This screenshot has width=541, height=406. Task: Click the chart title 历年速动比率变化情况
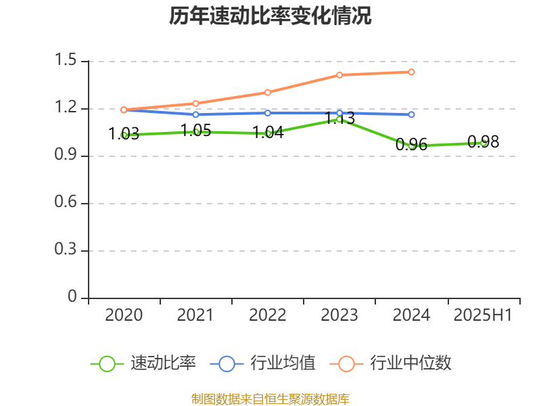click(270, 16)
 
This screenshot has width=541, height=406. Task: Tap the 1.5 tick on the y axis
click(67, 61)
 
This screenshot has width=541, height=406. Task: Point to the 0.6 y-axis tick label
click(67, 203)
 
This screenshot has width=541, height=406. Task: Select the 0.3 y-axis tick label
click(67, 250)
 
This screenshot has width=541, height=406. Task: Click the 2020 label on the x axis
click(124, 315)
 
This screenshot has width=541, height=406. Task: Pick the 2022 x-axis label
click(268, 315)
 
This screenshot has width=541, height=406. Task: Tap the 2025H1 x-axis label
click(483, 315)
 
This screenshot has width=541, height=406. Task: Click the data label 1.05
click(196, 131)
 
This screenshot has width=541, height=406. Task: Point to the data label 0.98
click(484, 141)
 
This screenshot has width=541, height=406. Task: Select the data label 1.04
click(268, 133)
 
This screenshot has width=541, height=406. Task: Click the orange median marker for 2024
click(411, 72)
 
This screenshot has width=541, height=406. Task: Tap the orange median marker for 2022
click(268, 92)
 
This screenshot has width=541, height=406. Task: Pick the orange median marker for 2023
click(339, 75)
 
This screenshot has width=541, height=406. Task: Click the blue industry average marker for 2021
click(196, 114)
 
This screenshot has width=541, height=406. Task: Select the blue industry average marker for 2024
click(411, 114)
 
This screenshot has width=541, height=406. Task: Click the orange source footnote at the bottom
click(270, 399)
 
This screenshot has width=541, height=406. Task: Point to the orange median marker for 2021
click(196, 104)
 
